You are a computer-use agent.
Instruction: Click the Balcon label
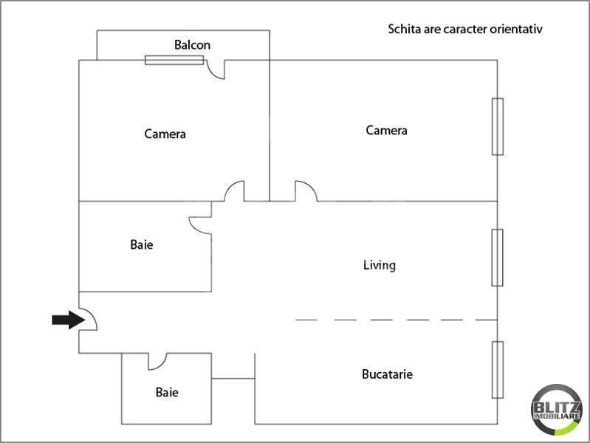pos(192,45)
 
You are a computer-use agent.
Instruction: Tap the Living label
pos(380,265)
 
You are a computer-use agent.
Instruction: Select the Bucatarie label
pos(387,374)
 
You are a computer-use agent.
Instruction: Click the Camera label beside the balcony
pos(165,134)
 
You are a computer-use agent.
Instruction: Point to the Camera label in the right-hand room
pos(386,131)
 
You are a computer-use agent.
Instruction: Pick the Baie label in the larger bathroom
pos(141,244)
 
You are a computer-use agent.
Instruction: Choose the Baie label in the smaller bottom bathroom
pos(166,393)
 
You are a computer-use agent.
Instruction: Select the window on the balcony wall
pos(174,60)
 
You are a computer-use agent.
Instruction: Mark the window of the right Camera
pos(498,126)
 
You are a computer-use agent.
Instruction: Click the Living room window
pos(498,257)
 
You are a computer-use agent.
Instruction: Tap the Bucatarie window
pos(498,369)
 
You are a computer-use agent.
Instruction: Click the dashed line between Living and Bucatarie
pos(396,320)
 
